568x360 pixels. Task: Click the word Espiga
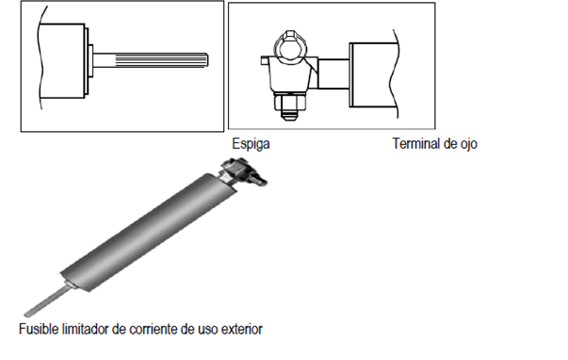pyautogui.click(x=251, y=144)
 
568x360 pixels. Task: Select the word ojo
pyautogui.click(x=469, y=144)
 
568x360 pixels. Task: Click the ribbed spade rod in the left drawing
pyautogui.click(x=151, y=60)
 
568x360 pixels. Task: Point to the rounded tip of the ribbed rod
pyautogui.click(x=207, y=60)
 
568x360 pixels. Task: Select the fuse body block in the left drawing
pyautogui.click(x=61, y=61)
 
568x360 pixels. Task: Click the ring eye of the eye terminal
pyautogui.click(x=290, y=47)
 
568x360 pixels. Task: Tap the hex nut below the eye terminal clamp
pyautogui.click(x=290, y=102)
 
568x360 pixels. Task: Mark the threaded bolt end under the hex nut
pyautogui.click(x=290, y=115)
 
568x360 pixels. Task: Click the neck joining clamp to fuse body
pyautogui.click(x=333, y=74)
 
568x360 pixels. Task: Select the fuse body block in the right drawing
pyautogui.click(x=373, y=75)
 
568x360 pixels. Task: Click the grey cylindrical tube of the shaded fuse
pyautogui.click(x=149, y=232)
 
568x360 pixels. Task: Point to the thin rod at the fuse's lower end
pyautogui.click(x=47, y=300)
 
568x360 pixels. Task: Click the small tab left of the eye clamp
pyautogui.click(x=265, y=60)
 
